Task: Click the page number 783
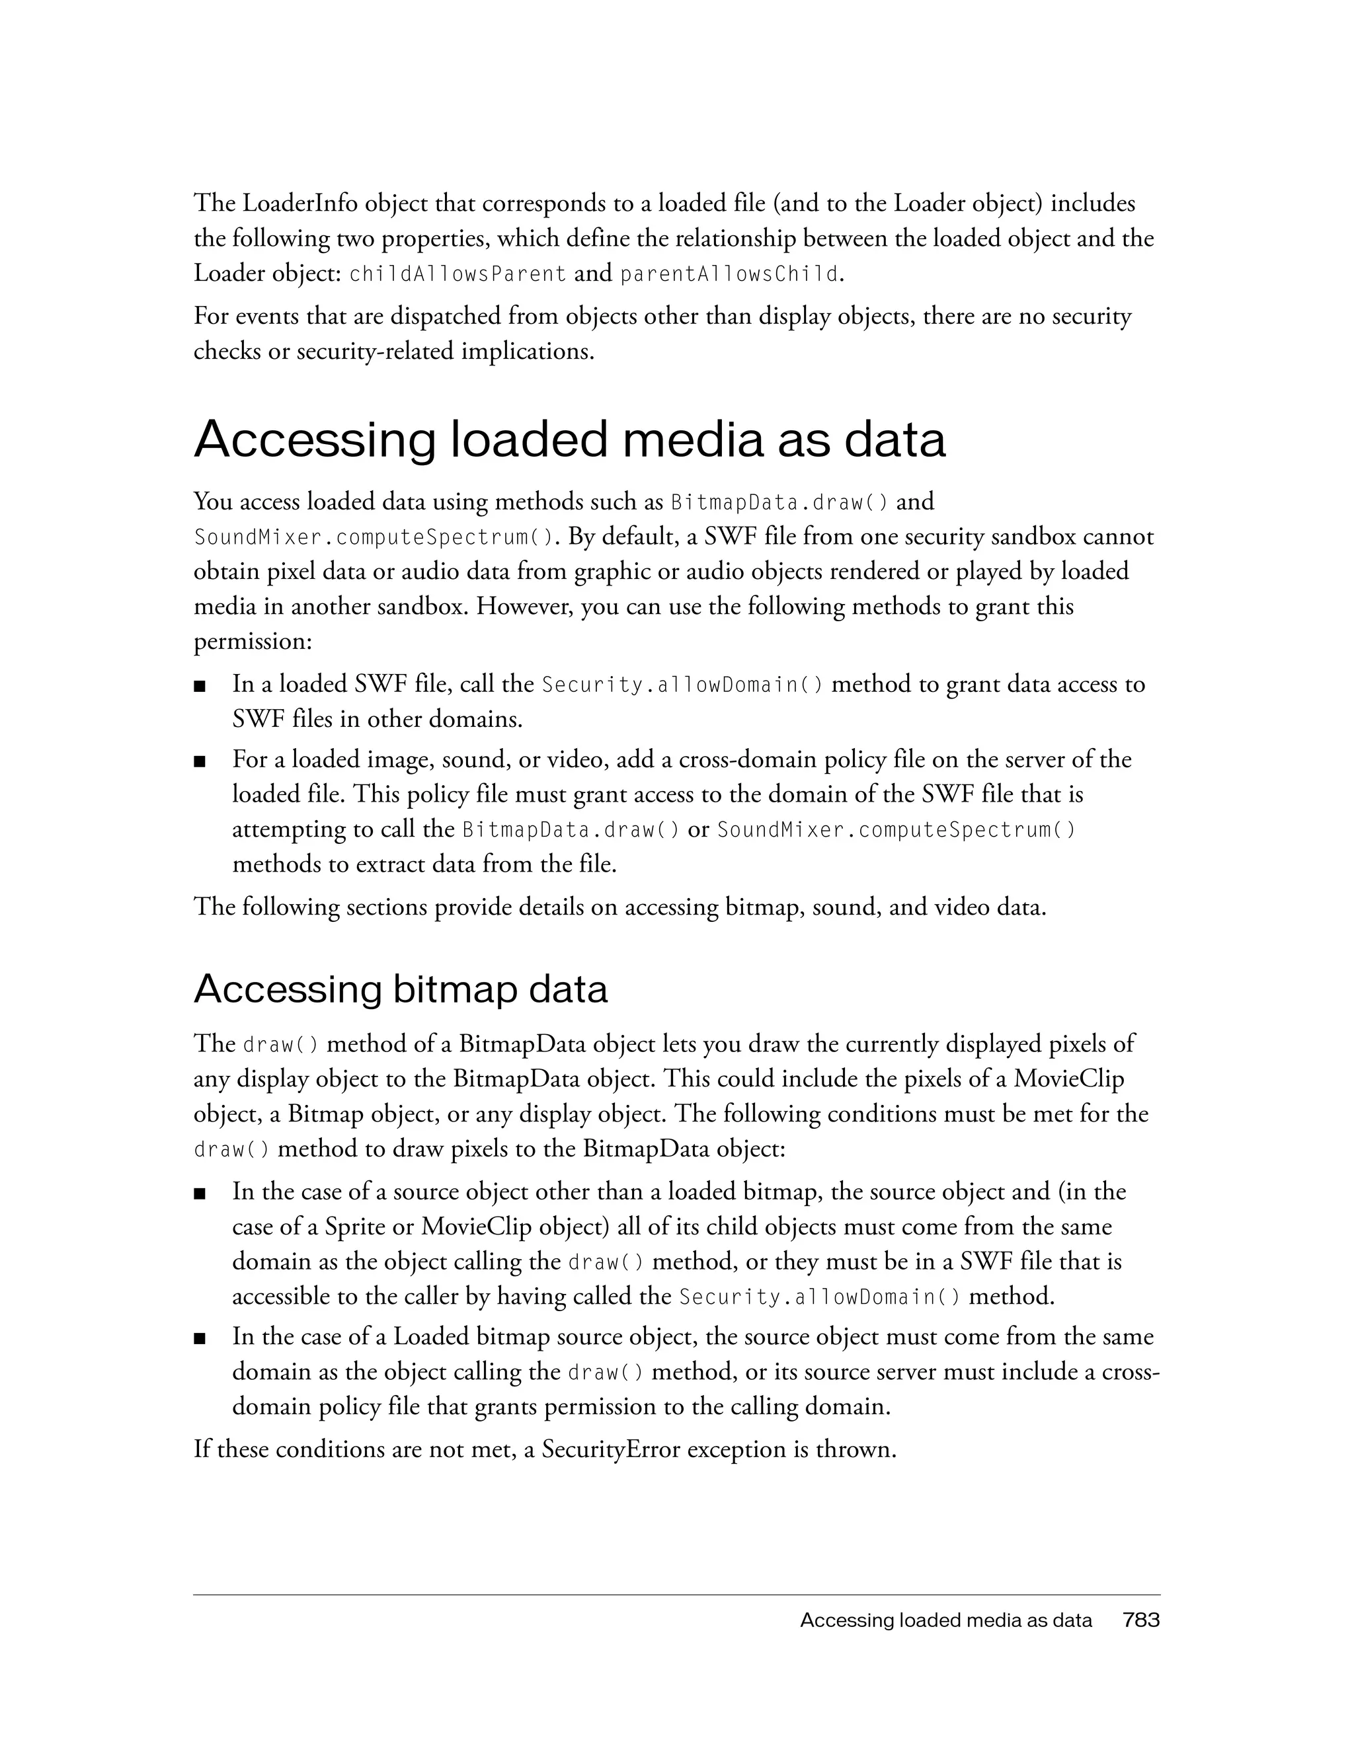coord(1140,1620)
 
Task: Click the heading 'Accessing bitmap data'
coord(400,989)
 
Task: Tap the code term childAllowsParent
coord(458,274)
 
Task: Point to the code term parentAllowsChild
coord(729,274)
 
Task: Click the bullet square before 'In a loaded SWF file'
coord(200,685)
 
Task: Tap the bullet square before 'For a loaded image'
coord(200,761)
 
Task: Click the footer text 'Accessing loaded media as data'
coord(945,1620)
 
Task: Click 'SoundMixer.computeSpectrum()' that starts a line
coord(374,538)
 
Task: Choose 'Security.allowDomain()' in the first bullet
coord(683,685)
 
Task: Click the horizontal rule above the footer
coord(676,1595)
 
